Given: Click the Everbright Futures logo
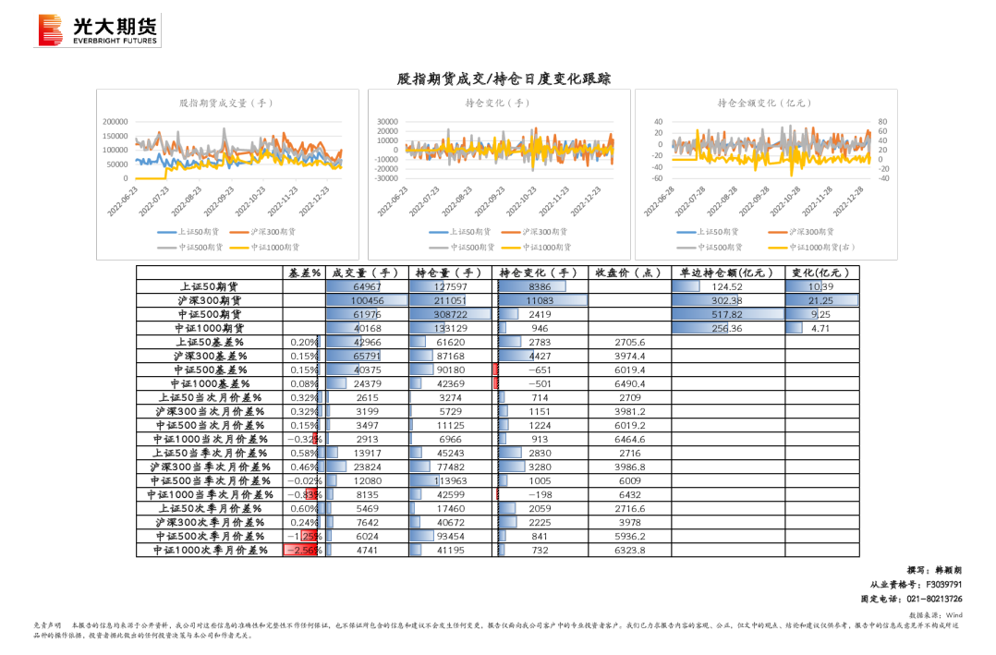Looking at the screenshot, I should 97,30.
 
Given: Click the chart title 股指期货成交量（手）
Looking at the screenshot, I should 226,103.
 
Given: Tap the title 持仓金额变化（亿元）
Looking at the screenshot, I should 764,103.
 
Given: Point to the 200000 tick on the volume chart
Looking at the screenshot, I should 115,122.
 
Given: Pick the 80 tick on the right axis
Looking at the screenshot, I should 882,122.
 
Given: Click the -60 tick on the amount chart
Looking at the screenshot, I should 658,178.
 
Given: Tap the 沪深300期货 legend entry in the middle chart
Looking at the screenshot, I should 535,233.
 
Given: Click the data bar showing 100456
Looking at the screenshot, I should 367,300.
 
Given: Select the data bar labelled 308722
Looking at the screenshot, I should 450,314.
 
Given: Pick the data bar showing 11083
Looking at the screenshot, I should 542,300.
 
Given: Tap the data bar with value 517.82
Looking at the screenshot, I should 728,314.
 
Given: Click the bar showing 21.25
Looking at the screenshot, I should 821,300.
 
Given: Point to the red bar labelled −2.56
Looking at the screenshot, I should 301,550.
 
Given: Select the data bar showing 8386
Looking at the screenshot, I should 532,286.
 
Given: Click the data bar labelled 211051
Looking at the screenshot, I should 438,300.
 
